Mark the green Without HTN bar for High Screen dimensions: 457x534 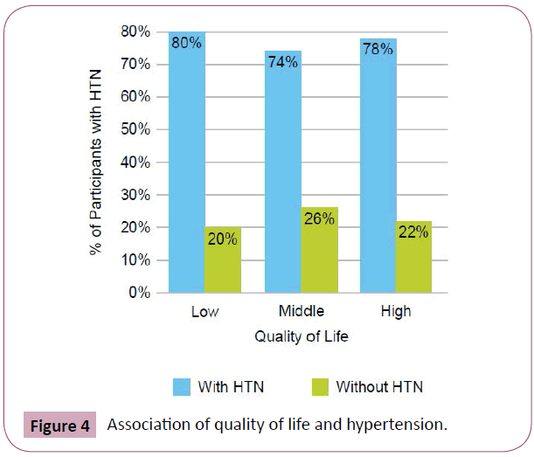click(x=414, y=257)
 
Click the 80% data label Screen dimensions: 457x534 click(x=186, y=42)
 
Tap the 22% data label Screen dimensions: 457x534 click(x=414, y=232)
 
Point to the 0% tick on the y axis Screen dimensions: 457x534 click(x=135, y=294)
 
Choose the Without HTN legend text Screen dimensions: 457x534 click(x=379, y=384)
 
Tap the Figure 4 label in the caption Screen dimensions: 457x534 click(x=59, y=426)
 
